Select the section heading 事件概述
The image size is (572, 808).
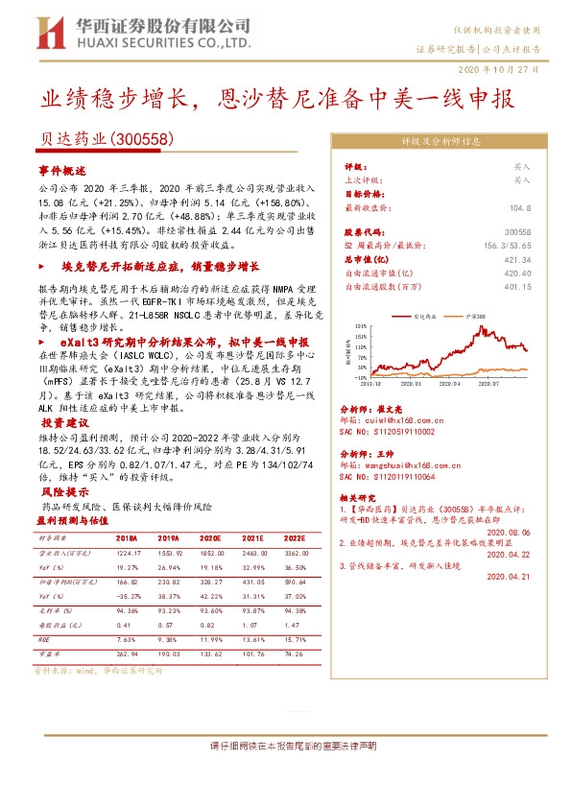coord(62,169)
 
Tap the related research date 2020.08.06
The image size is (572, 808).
coord(508,531)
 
